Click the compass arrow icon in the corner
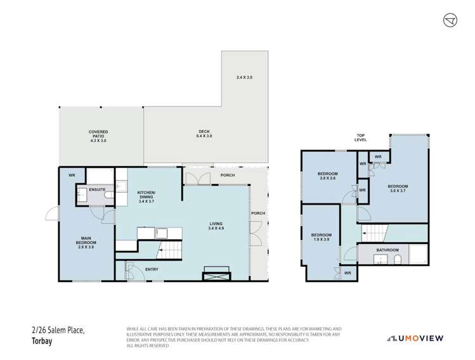click(449, 20)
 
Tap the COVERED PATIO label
click(98, 136)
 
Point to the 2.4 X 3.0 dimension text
click(245, 77)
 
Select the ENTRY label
click(152, 270)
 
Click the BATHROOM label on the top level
click(387, 250)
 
